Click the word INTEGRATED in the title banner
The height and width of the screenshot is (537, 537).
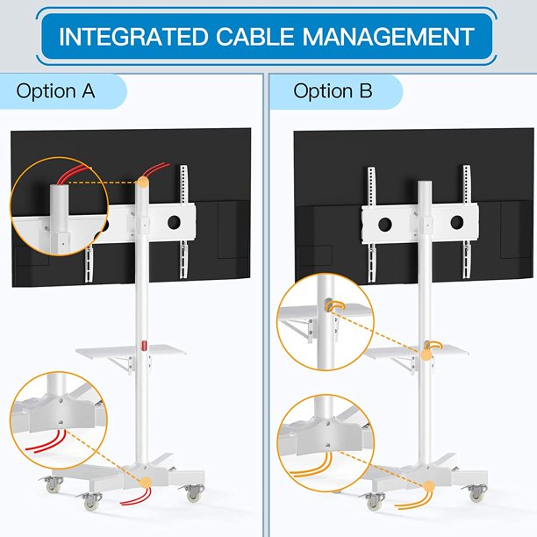click(x=133, y=37)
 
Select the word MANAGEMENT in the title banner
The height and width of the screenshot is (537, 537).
click(x=388, y=37)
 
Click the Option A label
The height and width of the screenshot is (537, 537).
click(x=55, y=91)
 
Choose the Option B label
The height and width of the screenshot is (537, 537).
click(x=333, y=91)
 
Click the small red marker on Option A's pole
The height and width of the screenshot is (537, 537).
click(x=144, y=345)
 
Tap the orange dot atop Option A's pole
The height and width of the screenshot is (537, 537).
click(x=143, y=182)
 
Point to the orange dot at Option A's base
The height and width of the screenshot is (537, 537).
click(x=147, y=483)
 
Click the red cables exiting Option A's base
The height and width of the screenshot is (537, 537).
click(x=136, y=497)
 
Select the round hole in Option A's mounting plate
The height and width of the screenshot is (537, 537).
click(x=174, y=223)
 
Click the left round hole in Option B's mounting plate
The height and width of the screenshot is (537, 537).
click(x=385, y=224)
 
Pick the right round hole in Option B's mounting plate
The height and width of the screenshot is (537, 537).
click(x=457, y=222)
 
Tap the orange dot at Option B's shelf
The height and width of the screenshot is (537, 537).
click(x=426, y=354)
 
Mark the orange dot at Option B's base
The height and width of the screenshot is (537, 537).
click(x=428, y=486)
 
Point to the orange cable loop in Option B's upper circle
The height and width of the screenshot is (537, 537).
click(x=335, y=304)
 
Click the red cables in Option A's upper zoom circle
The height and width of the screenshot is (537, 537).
click(x=74, y=175)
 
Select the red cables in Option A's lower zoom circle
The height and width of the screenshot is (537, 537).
click(x=46, y=441)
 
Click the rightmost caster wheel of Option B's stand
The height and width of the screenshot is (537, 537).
click(x=477, y=493)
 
